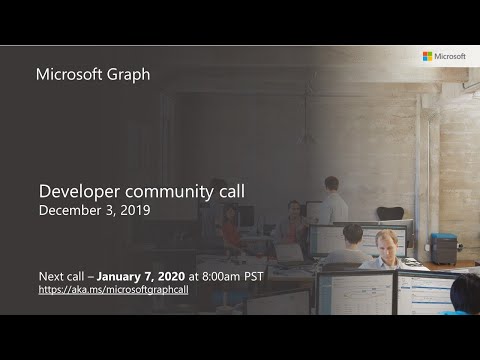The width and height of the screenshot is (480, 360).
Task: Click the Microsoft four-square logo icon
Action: (x=427, y=57)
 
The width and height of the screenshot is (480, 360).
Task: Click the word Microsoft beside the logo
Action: (x=450, y=57)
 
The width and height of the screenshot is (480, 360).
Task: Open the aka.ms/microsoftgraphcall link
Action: (x=113, y=289)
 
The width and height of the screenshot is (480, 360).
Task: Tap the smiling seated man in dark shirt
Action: (x=292, y=223)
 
